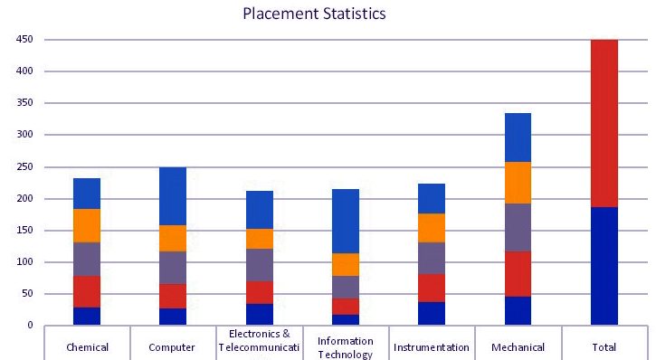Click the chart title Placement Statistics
pyautogui.click(x=314, y=14)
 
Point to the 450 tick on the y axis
pyautogui.click(x=24, y=39)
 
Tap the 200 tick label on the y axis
pyautogui.click(x=24, y=198)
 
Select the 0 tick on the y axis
pyautogui.click(x=30, y=325)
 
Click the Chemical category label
pyautogui.click(x=87, y=347)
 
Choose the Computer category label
pyautogui.click(x=172, y=347)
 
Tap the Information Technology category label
pyautogui.click(x=345, y=347)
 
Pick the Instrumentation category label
pyautogui.click(x=432, y=347)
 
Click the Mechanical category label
pyautogui.click(x=518, y=347)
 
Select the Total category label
pyautogui.click(x=604, y=347)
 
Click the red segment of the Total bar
pyautogui.click(x=604, y=123)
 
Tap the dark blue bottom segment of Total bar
pyautogui.click(x=604, y=266)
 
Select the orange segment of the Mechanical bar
pyautogui.click(x=518, y=183)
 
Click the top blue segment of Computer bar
pyautogui.click(x=173, y=196)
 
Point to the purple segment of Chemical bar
pyautogui.click(x=87, y=260)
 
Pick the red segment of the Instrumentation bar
pyautogui.click(x=432, y=288)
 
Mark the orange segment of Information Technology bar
pyautogui.click(x=346, y=265)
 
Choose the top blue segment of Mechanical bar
pyautogui.click(x=518, y=137)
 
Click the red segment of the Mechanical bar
pyautogui.click(x=518, y=274)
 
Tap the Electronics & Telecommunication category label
pyautogui.click(x=259, y=341)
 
